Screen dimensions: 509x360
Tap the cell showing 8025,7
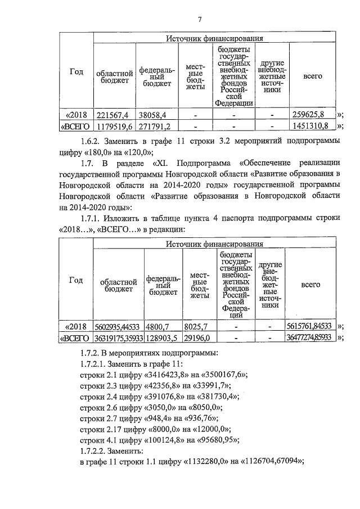[197, 326]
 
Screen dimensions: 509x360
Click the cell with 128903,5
[163, 337]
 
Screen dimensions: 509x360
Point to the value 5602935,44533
[118, 326]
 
